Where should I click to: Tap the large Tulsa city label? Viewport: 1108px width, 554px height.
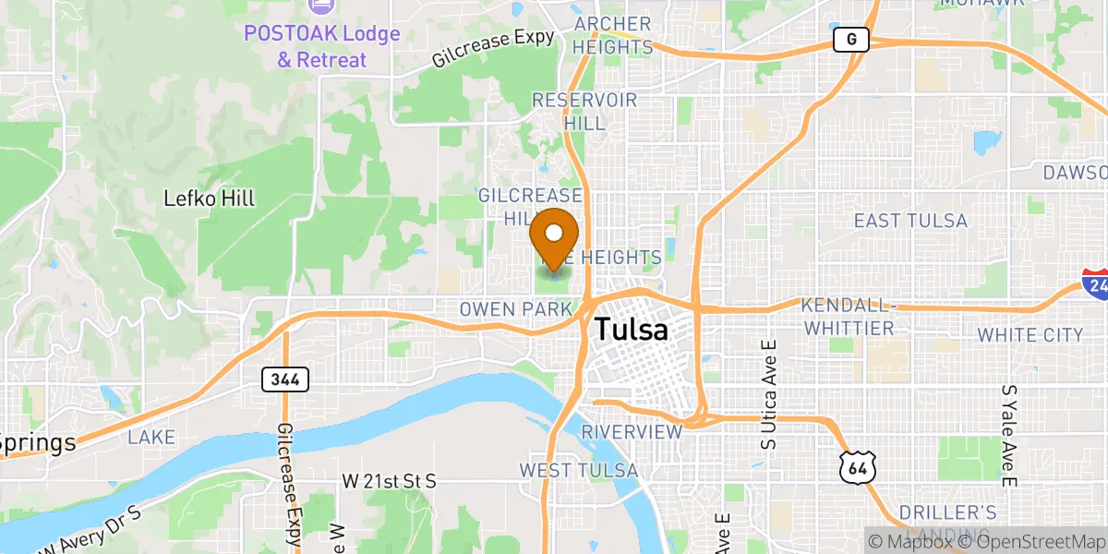tap(632, 330)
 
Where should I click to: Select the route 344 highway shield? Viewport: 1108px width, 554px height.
tap(284, 379)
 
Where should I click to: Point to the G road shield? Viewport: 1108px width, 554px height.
tap(850, 40)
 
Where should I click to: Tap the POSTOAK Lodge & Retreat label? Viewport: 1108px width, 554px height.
tap(322, 47)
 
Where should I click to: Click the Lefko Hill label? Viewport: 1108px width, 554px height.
tap(209, 199)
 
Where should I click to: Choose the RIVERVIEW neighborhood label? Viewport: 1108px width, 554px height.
tap(632, 432)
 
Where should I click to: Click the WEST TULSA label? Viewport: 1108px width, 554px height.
tap(578, 471)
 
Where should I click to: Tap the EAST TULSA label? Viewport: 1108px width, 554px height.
tap(910, 221)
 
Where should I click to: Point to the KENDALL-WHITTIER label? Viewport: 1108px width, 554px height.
tap(848, 316)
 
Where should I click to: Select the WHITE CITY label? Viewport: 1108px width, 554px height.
tap(1030, 334)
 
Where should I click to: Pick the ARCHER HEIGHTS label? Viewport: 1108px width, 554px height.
tap(612, 35)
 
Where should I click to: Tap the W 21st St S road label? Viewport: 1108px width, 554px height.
tap(389, 481)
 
